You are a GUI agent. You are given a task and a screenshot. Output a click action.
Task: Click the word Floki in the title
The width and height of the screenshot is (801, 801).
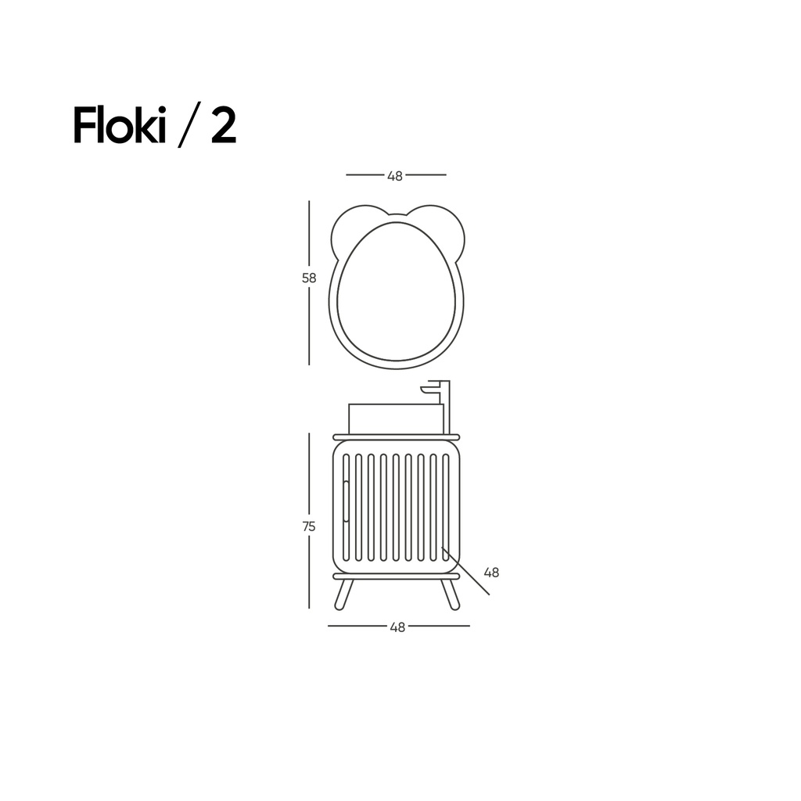click(x=120, y=126)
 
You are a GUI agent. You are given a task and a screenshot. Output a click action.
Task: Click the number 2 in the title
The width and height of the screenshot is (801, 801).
click(x=224, y=126)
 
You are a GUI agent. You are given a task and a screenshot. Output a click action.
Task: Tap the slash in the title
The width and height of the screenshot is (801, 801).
click(x=188, y=126)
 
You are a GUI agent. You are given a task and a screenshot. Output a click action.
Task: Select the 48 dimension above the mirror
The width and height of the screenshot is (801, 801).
click(x=395, y=176)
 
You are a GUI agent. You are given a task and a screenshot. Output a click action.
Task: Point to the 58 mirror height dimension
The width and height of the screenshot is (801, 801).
click(x=309, y=278)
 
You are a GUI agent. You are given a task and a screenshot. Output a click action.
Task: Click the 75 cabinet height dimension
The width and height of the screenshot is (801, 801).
click(x=309, y=526)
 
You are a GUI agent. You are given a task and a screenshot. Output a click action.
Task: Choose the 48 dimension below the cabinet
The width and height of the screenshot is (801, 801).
click(x=397, y=627)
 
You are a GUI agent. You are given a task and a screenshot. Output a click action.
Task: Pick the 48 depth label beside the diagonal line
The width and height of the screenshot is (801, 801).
click(x=491, y=573)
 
